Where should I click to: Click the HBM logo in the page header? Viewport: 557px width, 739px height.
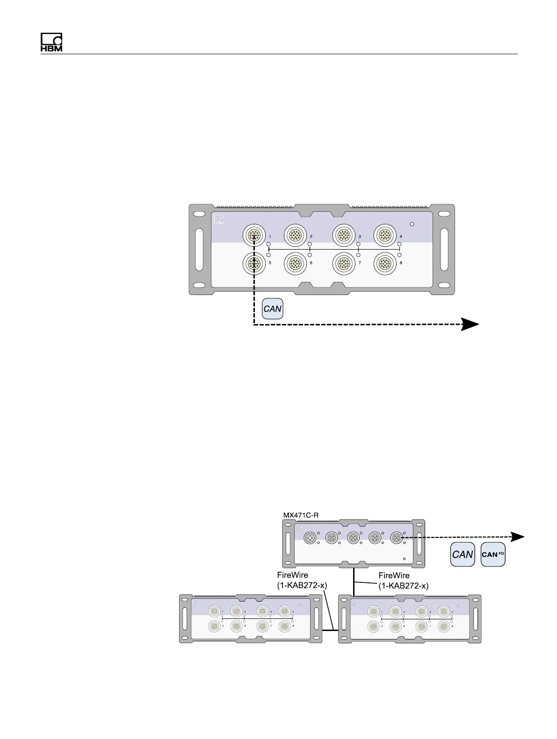point(51,43)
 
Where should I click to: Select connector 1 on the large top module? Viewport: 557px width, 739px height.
point(253,235)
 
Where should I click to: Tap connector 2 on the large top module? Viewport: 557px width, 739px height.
point(295,235)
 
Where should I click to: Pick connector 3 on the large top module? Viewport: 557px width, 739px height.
point(343,235)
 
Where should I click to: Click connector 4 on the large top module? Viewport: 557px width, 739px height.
point(384,235)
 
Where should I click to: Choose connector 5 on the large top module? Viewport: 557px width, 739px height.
point(253,264)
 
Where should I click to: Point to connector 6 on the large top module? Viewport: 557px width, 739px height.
point(295,264)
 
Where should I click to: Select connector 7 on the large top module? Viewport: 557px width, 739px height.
point(343,264)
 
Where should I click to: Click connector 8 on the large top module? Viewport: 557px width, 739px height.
point(384,264)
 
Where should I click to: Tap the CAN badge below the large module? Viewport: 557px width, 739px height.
point(273,309)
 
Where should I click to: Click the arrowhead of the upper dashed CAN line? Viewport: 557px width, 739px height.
point(470,324)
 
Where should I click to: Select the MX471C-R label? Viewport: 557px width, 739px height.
point(301,515)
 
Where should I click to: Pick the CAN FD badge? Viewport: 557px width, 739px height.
point(493,554)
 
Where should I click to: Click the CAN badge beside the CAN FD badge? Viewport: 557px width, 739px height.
point(463,554)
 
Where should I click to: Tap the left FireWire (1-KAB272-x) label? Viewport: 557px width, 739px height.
point(299,580)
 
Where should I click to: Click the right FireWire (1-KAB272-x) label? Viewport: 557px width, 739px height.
point(403,580)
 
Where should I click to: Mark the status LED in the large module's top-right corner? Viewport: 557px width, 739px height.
point(412,224)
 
